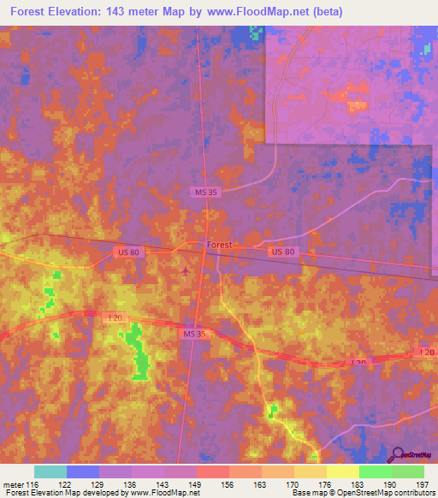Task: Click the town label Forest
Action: (x=220, y=245)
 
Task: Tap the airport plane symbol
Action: (x=186, y=272)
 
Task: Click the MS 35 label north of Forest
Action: (x=206, y=193)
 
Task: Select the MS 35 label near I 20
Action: (x=195, y=333)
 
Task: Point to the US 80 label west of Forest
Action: (x=126, y=252)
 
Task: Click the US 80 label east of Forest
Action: (x=282, y=252)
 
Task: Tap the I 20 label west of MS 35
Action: (x=115, y=317)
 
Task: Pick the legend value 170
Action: (x=292, y=483)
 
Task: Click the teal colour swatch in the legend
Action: (x=50, y=471)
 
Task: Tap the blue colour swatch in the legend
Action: (x=83, y=471)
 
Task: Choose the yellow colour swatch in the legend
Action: (x=343, y=471)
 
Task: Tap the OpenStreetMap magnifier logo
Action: (x=399, y=455)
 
